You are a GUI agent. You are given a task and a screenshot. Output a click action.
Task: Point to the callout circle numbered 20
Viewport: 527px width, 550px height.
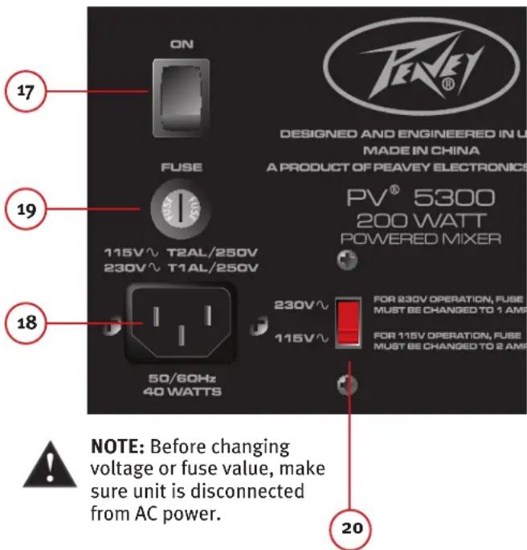pyautogui.click(x=350, y=528)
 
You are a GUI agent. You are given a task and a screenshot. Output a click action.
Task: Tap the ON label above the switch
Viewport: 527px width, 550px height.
pyautogui.click(x=182, y=44)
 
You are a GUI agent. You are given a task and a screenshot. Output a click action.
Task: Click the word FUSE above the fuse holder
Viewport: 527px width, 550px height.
pyautogui.click(x=182, y=168)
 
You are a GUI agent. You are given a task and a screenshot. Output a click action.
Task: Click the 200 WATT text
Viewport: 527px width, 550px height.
pyautogui.click(x=420, y=220)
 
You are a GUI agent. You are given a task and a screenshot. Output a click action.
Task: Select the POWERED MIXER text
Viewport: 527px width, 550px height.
pyautogui.click(x=420, y=238)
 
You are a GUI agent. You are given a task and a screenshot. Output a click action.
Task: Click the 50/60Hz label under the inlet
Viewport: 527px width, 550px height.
pyautogui.click(x=182, y=378)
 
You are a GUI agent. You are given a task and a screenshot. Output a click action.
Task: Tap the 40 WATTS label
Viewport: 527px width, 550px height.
pyautogui.click(x=182, y=392)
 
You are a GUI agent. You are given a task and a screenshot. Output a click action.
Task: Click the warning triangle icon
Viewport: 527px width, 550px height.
pyautogui.click(x=51, y=466)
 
